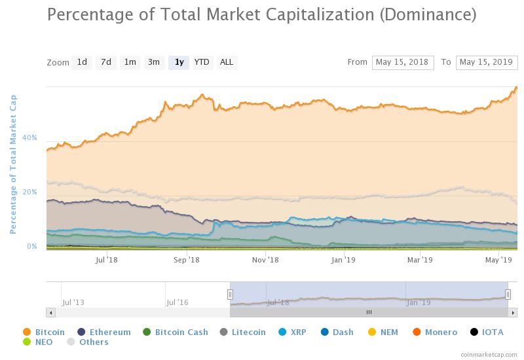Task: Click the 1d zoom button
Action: tap(82, 62)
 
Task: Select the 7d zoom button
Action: tap(105, 62)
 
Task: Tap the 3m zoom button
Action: tap(154, 62)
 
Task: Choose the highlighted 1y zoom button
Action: tap(178, 62)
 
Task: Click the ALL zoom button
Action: tap(227, 62)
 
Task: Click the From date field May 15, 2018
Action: tap(403, 62)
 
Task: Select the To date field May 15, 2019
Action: tap(487, 62)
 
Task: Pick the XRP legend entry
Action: tap(297, 332)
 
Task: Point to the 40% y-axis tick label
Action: tap(29, 138)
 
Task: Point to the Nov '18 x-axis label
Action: tap(265, 260)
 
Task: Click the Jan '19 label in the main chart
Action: tap(343, 260)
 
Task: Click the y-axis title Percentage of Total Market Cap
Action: tap(12, 164)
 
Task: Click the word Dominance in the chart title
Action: tap(428, 14)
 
